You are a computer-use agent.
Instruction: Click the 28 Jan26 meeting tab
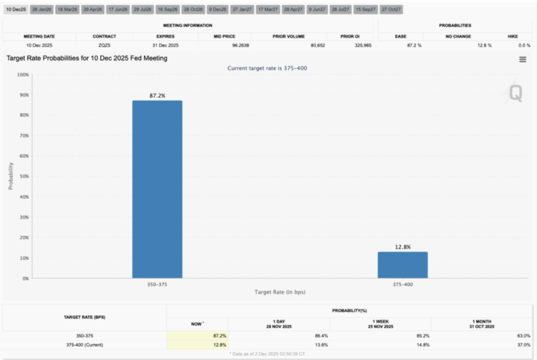tap(41, 9)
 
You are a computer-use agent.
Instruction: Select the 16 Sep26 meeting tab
tap(168, 9)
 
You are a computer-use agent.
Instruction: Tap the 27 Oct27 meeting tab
tap(392, 9)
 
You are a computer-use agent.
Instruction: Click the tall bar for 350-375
tap(157, 189)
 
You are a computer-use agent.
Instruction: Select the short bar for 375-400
tap(402, 265)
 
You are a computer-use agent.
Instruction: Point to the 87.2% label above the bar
tap(157, 96)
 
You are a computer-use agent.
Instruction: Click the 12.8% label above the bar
tap(402, 247)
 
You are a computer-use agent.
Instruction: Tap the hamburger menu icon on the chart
tap(522, 59)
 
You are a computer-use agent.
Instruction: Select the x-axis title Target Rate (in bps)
tap(280, 292)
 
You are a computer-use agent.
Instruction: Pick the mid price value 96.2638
tap(224, 46)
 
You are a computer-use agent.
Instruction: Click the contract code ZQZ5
tap(104, 46)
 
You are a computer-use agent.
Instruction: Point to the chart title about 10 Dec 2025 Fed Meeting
tap(87, 58)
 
